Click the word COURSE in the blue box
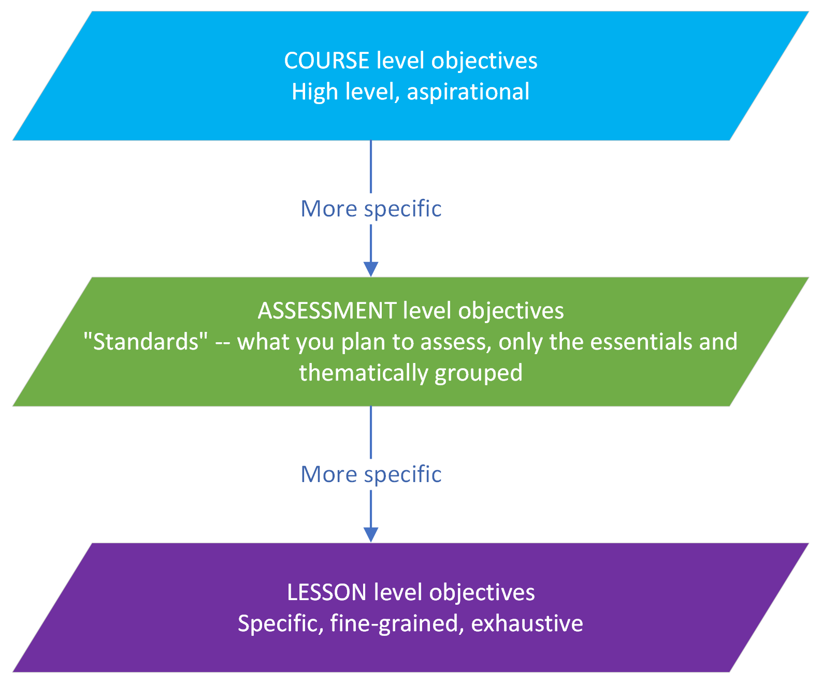pos(326,61)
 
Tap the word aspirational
pos(468,92)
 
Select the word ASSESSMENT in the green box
pos(327,311)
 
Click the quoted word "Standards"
pos(145,342)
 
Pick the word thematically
pos(363,373)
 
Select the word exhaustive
pos(527,623)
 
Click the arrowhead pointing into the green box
pos(371,269)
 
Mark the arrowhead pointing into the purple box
pos(371,535)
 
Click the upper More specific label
pos(371,209)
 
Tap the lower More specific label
pos(371,474)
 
